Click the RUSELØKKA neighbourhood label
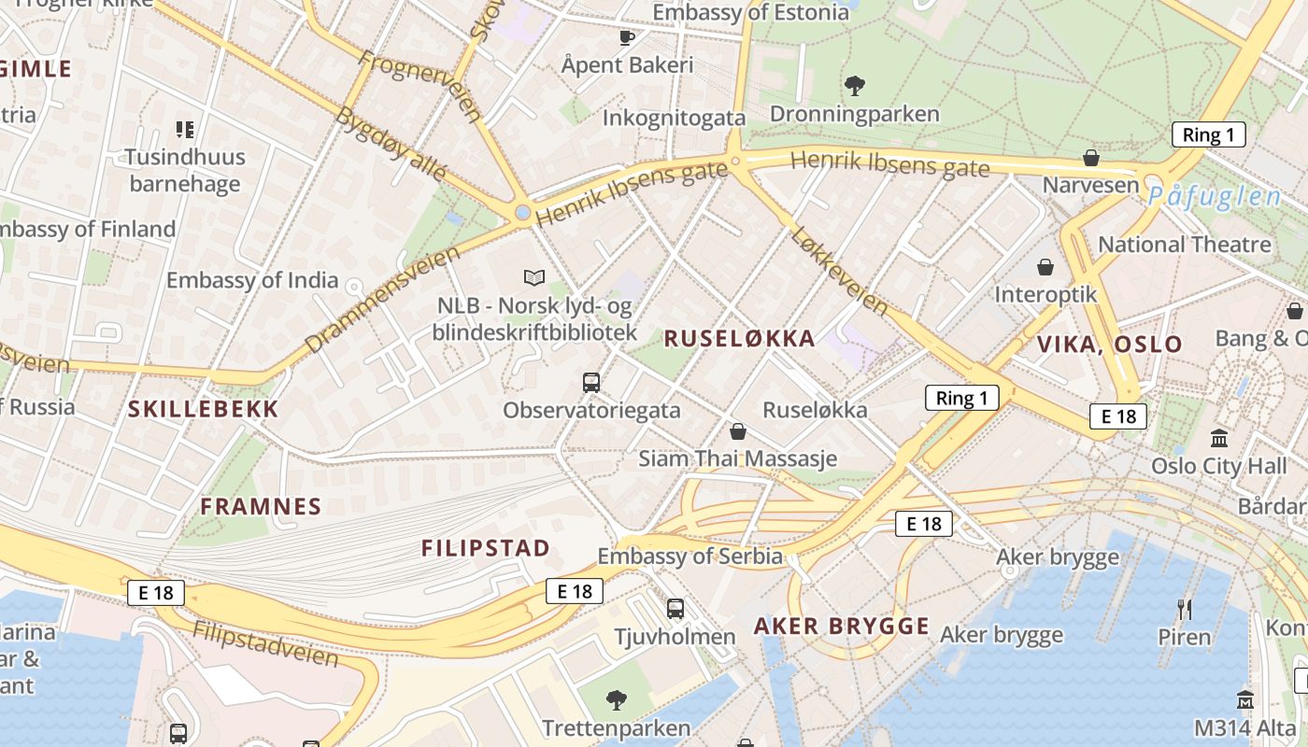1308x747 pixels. coord(739,339)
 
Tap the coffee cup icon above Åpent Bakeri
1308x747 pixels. coord(627,37)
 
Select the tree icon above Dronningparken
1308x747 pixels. coord(854,86)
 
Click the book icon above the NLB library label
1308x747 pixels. coord(533,277)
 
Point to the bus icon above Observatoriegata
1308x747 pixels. coord(591,382)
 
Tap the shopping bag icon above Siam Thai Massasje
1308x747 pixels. coord(737,431)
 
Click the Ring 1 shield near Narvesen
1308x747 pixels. coord(1208,134)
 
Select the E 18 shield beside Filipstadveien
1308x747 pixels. coord(156,592)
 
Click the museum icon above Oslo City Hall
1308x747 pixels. coord(1218,437)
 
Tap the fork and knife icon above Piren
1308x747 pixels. coord(1185,610)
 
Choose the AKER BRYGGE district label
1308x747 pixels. coord(841,627)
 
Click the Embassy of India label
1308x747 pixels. coord(252,279)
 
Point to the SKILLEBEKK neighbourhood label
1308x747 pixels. coord(203,409)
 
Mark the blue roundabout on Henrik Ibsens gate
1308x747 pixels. coord(522,213)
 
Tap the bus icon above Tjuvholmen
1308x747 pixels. coord(675,609)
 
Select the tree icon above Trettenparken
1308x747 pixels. coord(616,698)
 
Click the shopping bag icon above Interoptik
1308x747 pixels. coord(1045,267)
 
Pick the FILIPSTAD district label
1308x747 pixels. coord(485,548)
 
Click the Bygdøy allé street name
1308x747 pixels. coord(391,145)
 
